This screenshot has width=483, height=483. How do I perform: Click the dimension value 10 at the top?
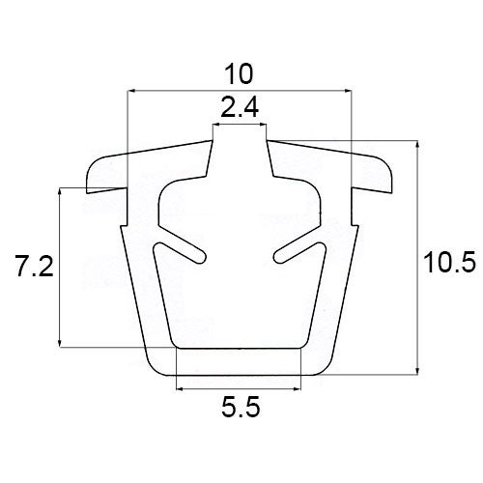pos(239,74)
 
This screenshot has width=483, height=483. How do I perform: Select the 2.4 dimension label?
pos(240,108)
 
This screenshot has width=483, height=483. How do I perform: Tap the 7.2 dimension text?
pos(35,266)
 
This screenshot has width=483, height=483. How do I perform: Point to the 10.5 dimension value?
pos(449,263)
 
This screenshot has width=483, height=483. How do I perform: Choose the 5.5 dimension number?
pos(241,407)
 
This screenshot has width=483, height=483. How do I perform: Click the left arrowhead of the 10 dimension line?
pos(131,92)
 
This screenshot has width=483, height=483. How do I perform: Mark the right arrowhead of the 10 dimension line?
pos(348,92)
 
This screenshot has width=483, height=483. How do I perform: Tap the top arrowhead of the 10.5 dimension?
pos(417,145)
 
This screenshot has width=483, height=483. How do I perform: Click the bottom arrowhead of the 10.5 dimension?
pos(417,371)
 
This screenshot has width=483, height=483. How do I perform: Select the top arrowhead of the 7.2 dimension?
pos(60,191)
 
